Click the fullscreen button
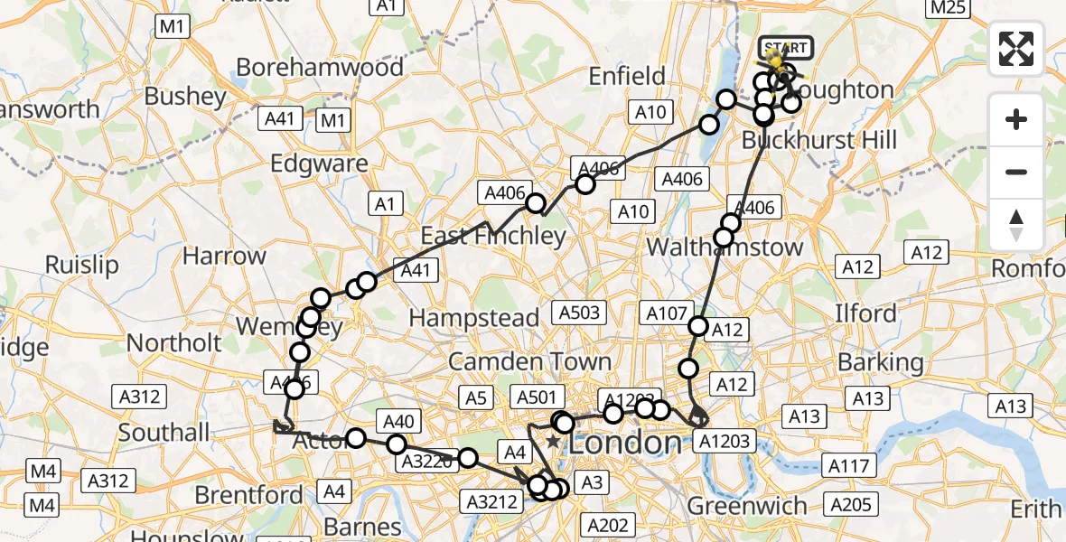tap(1016, 49)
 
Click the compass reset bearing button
tap(1016, 226)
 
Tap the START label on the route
tap(787, 48)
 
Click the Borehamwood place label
tap(320, 68)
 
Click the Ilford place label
tap(865, 314)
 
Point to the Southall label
tap(164, 433)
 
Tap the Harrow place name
tap(224, 256)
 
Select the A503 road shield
tap(579, 313)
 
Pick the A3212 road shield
tap(491, 500)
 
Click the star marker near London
tap(553, 441)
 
